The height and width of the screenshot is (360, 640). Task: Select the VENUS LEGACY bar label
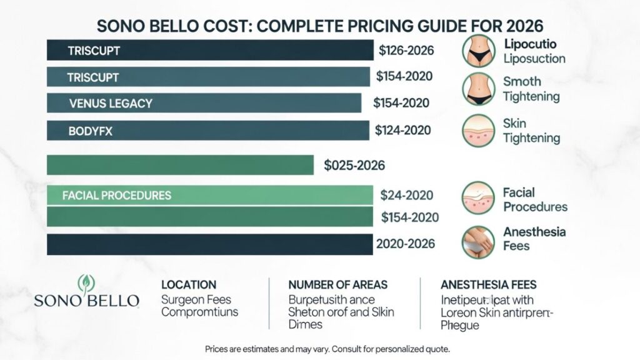coord(111,103)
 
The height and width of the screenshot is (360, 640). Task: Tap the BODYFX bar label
coord(91,131)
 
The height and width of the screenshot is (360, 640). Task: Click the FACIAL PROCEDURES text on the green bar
coord(117,195)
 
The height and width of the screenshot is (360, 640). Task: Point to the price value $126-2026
coord(406,51)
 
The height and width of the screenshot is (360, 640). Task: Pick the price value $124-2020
coord(403,131)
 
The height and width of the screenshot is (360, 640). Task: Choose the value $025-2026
coord(354,166)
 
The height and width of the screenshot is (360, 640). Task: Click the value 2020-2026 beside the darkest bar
coord(404,244)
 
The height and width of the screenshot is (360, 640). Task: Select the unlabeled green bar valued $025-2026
coord(180,165)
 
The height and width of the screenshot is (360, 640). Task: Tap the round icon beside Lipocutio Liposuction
coord(478,51)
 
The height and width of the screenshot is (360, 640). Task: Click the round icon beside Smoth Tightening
coord(478,89)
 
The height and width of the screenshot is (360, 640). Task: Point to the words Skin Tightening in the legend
coord(531,131)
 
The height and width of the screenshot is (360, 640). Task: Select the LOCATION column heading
coord(189,284)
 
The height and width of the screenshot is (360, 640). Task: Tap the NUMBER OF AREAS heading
coord(337,284)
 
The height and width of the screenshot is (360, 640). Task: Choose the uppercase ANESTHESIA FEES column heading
coord(488,284)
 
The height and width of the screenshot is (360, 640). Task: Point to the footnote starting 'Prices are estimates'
coord(327,348)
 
